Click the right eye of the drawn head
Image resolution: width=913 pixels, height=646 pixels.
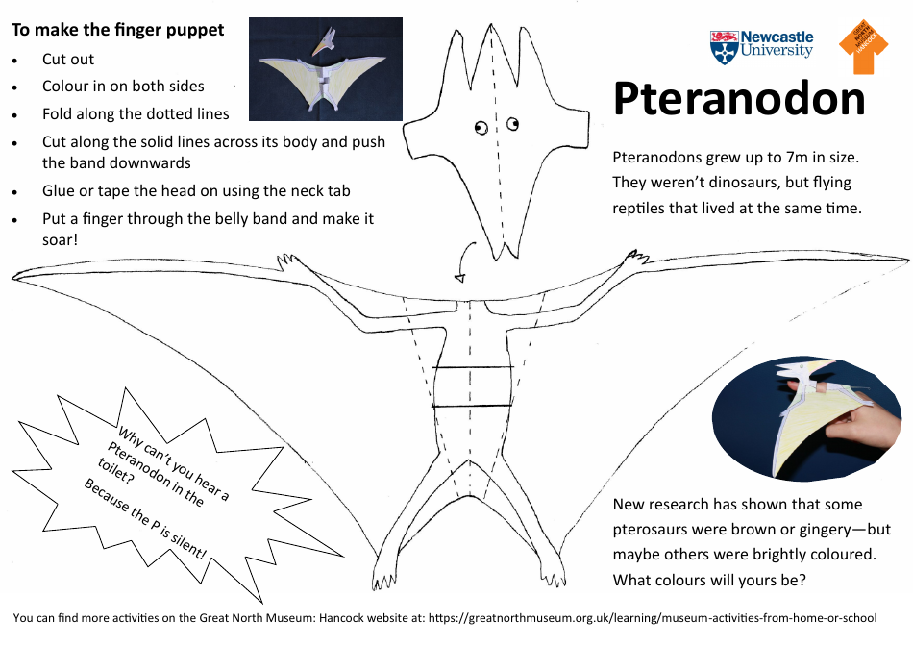tap(513, 122)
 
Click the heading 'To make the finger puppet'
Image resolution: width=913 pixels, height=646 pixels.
tap(117, 30)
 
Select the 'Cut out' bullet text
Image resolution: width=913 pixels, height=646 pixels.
tap(68, 60)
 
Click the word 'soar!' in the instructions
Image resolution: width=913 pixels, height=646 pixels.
tap(60, 238)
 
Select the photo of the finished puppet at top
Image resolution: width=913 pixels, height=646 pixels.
tap(325, 68)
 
